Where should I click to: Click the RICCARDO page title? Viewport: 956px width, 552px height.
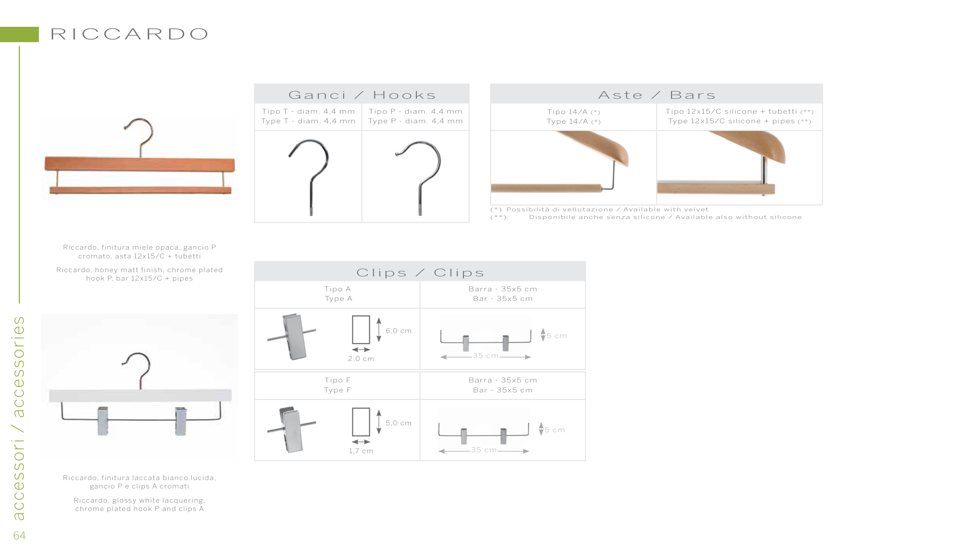[x=129, y=34]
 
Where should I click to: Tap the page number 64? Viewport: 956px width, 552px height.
[x=20, y=535]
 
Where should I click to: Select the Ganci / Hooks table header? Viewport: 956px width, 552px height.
[x=362, y=95]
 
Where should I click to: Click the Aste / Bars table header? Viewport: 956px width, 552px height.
[x=656, y=95]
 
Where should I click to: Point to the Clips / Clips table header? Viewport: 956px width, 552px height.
[x=420, y=272]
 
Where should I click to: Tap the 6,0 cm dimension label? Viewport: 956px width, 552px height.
[x=398, y=331]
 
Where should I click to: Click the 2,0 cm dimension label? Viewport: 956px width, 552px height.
[x=361, y=359]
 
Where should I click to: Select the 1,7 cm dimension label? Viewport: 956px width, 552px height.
[x=361, y=451]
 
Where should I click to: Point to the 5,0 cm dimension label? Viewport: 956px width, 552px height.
[x=398, y=423]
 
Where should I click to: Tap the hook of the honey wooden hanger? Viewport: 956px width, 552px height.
[x=140, y=134]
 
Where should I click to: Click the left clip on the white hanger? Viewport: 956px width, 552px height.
[x=103, y=421]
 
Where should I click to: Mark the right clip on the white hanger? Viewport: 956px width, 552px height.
[x=181, y=421]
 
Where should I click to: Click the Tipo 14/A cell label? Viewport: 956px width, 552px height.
[x=573, y=116]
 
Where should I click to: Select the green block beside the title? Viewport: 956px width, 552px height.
[x=19, y=34]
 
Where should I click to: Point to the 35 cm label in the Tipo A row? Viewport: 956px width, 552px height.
[x=485, y=356]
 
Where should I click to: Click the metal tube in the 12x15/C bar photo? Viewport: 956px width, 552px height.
[x=764, y=170]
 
